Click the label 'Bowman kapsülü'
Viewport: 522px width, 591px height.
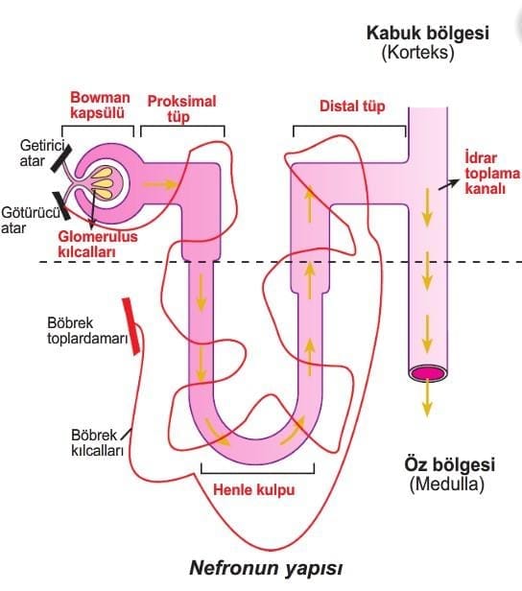[x=100, y=106]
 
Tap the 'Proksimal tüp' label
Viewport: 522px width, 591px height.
[x=181, y=108]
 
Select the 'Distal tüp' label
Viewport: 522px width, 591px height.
[x=352, y=106]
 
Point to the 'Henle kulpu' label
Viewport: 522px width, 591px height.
[x=254, y=489]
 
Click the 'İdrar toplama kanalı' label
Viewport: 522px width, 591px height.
[x=492, y=173]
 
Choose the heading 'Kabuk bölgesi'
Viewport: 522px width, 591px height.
[x=428, y=33]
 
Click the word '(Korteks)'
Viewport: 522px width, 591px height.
[x=417, y=52]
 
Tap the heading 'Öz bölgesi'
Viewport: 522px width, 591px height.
[x=450, y=464]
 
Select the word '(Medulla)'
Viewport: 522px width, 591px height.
[x=446, y=484]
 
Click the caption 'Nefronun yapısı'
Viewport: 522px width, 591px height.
[x=266, y=568]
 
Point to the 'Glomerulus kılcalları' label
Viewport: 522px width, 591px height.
[x=98, y=244]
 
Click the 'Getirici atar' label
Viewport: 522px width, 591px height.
[x=42, y=153]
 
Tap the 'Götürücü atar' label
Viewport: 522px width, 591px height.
[x=30, y=220]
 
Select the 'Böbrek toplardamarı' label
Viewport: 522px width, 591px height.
[x=87, y=331]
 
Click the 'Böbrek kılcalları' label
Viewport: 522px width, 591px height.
[x=97, y=442]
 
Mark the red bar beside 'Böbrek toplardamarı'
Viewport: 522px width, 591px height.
[x=131, y=326]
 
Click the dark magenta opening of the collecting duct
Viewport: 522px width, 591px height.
[x=428, y=373]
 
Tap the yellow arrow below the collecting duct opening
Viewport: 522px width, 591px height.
[x=427, y=398]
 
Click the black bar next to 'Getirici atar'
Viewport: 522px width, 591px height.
[x=60, y=158]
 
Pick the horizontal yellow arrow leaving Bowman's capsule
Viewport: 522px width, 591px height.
[x=159, y=184]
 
